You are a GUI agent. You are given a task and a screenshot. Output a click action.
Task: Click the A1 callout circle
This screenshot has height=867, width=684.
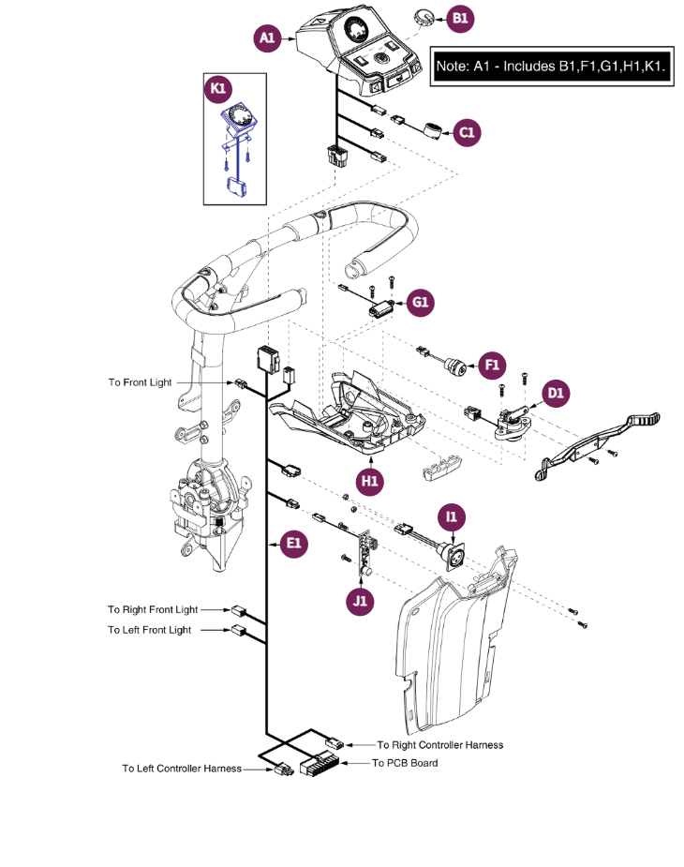coord(268,38)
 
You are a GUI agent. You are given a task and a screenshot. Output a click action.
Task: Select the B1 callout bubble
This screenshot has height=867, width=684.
coord(460,18)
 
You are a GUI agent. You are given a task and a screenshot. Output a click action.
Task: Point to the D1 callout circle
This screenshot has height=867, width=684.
coord(556,393)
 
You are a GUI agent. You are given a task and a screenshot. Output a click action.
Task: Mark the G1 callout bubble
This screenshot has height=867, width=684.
coord(421,303)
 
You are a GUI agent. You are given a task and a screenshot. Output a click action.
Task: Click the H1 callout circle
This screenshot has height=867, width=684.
coord(371,481)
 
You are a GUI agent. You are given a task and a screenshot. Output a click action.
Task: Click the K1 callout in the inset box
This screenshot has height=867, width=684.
coord(218,90)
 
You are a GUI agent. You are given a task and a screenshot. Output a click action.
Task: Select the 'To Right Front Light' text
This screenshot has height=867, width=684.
coord(153,609)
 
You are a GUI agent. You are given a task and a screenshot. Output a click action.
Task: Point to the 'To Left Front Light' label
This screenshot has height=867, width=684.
coord(150,630)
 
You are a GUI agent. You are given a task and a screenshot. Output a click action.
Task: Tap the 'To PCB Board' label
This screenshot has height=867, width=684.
coord(405,763)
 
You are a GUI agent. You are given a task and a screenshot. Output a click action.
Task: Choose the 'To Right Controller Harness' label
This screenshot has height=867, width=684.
coord(440,745)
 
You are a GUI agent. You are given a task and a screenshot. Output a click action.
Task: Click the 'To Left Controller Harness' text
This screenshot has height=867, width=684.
coord(182,769)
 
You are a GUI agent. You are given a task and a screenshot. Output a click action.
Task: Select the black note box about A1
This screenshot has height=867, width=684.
coord(552,67)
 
